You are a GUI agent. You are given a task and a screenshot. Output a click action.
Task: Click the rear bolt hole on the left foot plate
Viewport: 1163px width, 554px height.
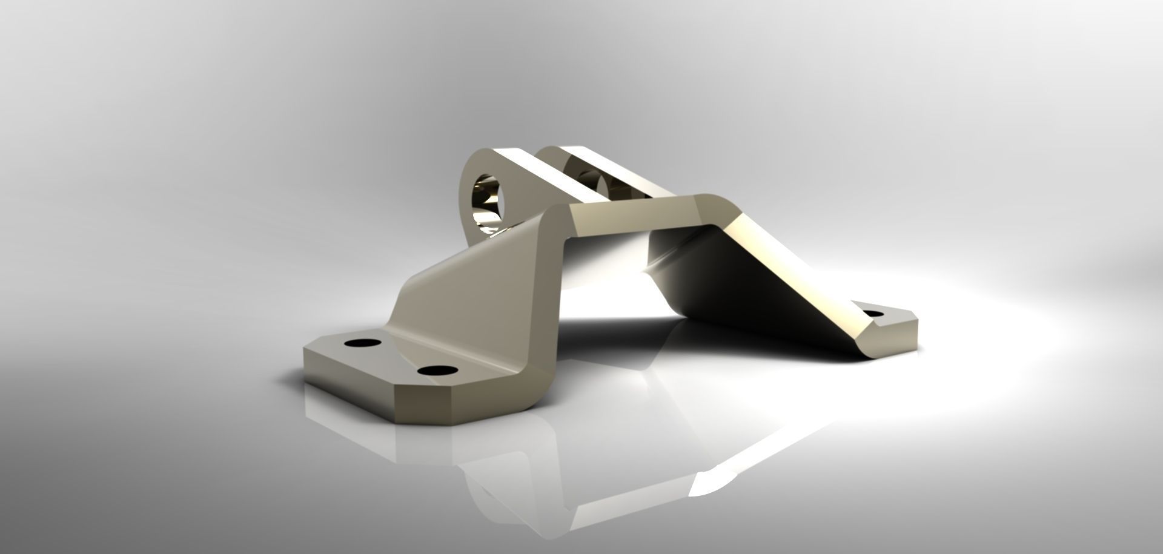[x=362, y=343]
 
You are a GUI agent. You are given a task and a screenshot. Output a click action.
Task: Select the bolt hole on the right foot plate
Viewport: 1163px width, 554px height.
[x=873, y=314]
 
